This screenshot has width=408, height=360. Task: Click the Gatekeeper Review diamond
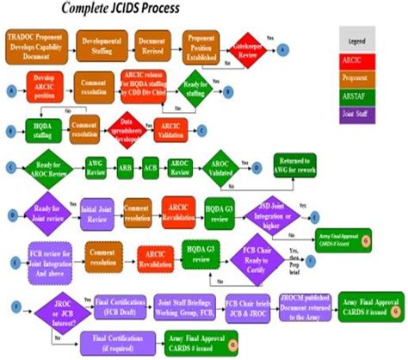click(x=250, y=49)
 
